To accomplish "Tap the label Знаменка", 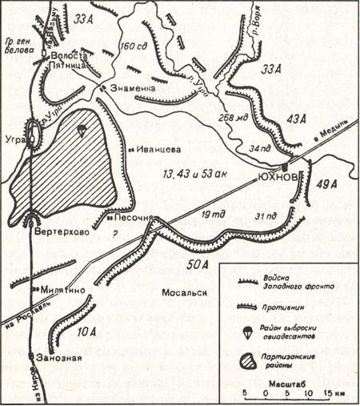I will pyautogui.click(x=131, y=87).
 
